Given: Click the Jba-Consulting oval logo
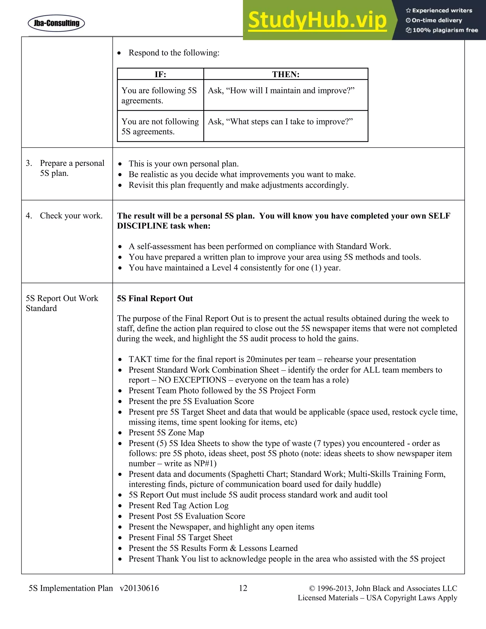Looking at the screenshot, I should [x=56, y=23].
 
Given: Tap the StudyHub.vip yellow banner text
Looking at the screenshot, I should [x=317, y=20].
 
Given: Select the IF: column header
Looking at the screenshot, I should [x=160, y=74].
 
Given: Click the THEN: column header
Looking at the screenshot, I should [x=286, y=74].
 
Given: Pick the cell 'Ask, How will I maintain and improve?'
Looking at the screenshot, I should [x=281, y=91].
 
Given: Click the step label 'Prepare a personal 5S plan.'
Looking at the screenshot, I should [x=72, y=168].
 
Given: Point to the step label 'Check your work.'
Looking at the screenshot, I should [x=71, y=216].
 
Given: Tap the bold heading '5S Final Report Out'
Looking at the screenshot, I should [x=155, y=298].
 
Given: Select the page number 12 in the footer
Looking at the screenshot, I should [x=243, y=588].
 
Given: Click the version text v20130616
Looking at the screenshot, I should [x=139, y=588].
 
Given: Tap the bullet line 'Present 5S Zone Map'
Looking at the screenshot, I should [x=166, y=432].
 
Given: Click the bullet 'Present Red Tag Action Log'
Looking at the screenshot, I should [x=178, y=505].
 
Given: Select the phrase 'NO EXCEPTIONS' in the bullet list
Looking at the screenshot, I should [x=192, y=380].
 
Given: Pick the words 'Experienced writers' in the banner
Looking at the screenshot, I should [x=442, y=11].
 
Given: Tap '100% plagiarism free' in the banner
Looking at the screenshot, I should [x=445, y=30].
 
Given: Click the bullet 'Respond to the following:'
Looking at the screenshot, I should [x=174, y=53].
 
